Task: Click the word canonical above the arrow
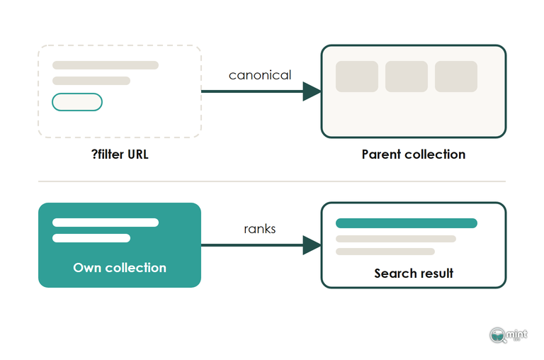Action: [260, 75]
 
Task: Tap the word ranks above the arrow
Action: [260, 229]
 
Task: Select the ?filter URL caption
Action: [120, 154]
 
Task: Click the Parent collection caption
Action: [414, 154]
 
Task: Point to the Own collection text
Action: [120, 268]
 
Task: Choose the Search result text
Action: [414, 274]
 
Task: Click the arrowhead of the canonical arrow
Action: [312, 91]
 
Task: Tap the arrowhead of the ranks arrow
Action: [312, 245]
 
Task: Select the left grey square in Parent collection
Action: [357, 77]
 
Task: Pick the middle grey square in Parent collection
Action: [407, 77]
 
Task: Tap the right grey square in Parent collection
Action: [456, 77]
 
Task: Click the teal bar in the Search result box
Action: [407, 223]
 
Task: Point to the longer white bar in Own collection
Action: [106, 223]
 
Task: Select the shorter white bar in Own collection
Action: [91, 238]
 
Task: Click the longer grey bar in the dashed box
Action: [106, 65]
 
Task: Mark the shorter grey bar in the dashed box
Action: [91, 81]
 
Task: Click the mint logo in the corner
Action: [509, 335]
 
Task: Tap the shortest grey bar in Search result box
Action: [385, 252]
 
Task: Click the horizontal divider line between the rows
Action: [272, 181]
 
